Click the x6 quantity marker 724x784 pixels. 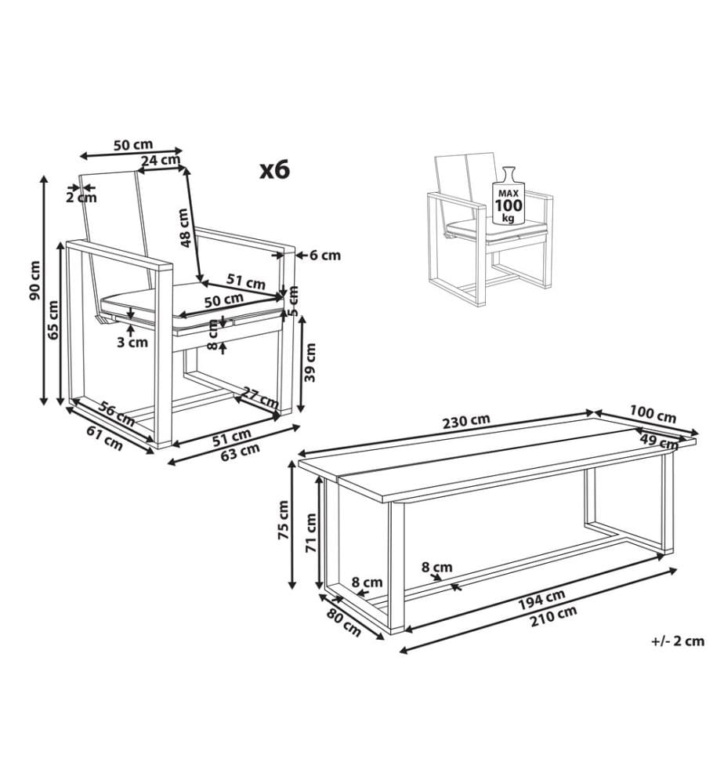[275, 170]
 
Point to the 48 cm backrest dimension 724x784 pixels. [185, 228]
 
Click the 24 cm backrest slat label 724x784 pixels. [160, 160]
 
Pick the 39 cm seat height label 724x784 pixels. [310, 362]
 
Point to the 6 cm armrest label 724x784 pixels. [325, 255]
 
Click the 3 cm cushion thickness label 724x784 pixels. [132, 342]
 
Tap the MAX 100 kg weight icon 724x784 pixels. [509, 195]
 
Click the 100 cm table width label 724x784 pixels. [653, 415]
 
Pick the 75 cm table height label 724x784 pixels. [284, 520]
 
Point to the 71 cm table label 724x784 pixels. [311, 532]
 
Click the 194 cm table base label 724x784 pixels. [541, 599]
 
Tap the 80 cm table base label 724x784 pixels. [344, 622]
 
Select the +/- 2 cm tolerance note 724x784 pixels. [678, 641]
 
